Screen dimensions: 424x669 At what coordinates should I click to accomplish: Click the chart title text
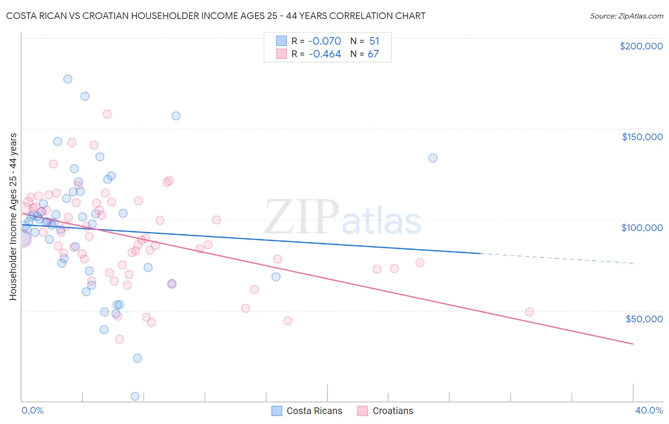pos(216,16)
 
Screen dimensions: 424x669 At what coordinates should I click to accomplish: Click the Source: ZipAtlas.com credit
pos(626,16)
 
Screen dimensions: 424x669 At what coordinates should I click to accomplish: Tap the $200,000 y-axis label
pos(641,46)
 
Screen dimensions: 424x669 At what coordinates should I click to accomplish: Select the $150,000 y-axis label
pos(642,137)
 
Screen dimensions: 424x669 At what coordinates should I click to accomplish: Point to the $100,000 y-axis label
pos(642,228)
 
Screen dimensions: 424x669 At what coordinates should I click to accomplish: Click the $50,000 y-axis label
pos(644,319)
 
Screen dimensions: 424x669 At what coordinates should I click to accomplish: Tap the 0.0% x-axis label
pos(32,410)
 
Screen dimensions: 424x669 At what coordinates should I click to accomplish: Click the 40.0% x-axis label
pos(649,410)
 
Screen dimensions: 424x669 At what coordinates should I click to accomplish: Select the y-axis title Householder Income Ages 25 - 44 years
pos(13,217)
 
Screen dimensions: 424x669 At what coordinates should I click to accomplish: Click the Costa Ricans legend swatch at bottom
pos(277,411)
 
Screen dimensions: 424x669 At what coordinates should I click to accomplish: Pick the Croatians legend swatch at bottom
pos(363,411)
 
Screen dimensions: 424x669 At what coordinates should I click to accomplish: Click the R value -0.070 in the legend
pos(325,41)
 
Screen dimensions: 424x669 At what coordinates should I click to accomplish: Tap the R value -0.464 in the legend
pos(325,54)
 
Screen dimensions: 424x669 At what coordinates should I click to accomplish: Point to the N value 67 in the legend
pos(373,54)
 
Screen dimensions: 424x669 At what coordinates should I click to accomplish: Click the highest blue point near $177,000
pos(68,79)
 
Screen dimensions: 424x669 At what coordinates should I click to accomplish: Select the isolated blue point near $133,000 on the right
pos(433,158)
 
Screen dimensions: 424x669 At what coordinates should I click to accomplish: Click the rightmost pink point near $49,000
pos(529,312)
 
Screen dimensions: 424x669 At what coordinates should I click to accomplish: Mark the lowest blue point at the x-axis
pos(135,396)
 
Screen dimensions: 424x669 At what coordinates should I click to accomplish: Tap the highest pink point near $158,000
pos(107,114)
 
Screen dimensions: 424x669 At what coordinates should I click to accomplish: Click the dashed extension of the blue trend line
pos(557,258)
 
